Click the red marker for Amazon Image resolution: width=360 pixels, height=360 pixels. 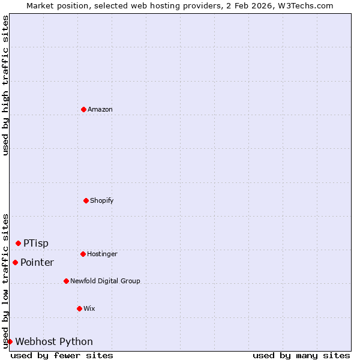(x=83, y=109)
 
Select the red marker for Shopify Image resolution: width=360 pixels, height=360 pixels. (x=86, y=200)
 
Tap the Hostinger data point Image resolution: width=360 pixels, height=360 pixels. (x=83, y=254)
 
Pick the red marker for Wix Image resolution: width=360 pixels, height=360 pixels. (x=79, y=308)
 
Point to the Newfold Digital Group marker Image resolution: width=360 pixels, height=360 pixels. (x=66, y=281)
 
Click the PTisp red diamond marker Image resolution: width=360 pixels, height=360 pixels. (x=18, y=243)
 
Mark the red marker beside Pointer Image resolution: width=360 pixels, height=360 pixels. (x=15, y=262)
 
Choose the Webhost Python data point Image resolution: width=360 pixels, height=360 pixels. (x=10, y=341)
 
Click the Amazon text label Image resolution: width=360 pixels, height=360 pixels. (x=100, y=109)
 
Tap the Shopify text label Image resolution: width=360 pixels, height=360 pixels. (x=102, y=200)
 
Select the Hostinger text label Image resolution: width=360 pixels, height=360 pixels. (x=102, y=254)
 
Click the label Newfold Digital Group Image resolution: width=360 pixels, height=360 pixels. (x=105, y=281)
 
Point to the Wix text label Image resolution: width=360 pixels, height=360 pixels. (x=89, y=308)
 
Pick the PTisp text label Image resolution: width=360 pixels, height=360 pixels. (x=36, y=243)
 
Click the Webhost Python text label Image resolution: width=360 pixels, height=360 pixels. (x=54, y=341)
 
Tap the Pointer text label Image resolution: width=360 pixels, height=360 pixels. (x=37, y=262)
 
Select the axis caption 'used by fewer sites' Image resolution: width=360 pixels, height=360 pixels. (x=62, y=355)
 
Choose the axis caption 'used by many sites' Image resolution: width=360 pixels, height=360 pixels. (x=301, y=355)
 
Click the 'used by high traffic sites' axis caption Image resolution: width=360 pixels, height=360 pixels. (x=5, y=85)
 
